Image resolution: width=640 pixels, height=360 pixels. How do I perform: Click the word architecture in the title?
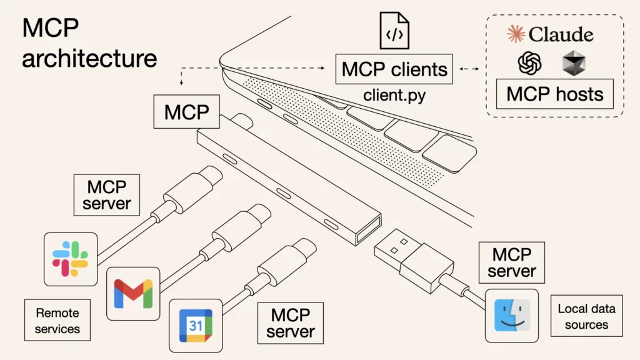click(x=89, y=58)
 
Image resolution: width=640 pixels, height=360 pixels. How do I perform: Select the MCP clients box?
click(x=394, y=69)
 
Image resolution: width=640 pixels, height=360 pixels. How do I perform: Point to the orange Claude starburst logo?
click(x=516, y=34)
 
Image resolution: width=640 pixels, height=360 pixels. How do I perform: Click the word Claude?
click(x=561, y=34)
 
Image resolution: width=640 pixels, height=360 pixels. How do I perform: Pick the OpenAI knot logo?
click(x=529, y=63)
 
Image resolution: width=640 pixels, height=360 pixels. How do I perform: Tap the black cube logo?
click(x=572, y=63)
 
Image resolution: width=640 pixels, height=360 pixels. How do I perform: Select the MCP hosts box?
click(x=554, y=94)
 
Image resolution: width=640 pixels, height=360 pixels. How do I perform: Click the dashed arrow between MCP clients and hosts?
click(x=470, y=69)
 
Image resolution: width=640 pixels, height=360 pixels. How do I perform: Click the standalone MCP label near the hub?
click(x=186, y=112)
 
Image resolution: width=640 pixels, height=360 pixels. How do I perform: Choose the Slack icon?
click(x=70, y=259)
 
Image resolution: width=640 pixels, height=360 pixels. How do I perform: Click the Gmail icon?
click(x=133, y=293)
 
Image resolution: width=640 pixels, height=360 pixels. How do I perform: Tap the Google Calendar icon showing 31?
click(x=196, y=325)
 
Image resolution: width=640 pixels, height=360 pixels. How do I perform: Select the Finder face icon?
click(x=512, y=316)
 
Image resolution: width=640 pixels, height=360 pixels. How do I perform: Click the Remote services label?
click(x=57, y=320)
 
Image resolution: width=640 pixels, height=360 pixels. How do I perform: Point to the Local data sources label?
click(x=586, y=316)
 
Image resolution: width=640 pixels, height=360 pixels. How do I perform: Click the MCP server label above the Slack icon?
click(x=107, y=195)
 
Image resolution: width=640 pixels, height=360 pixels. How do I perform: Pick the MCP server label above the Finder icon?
click(x=512, y=262)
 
